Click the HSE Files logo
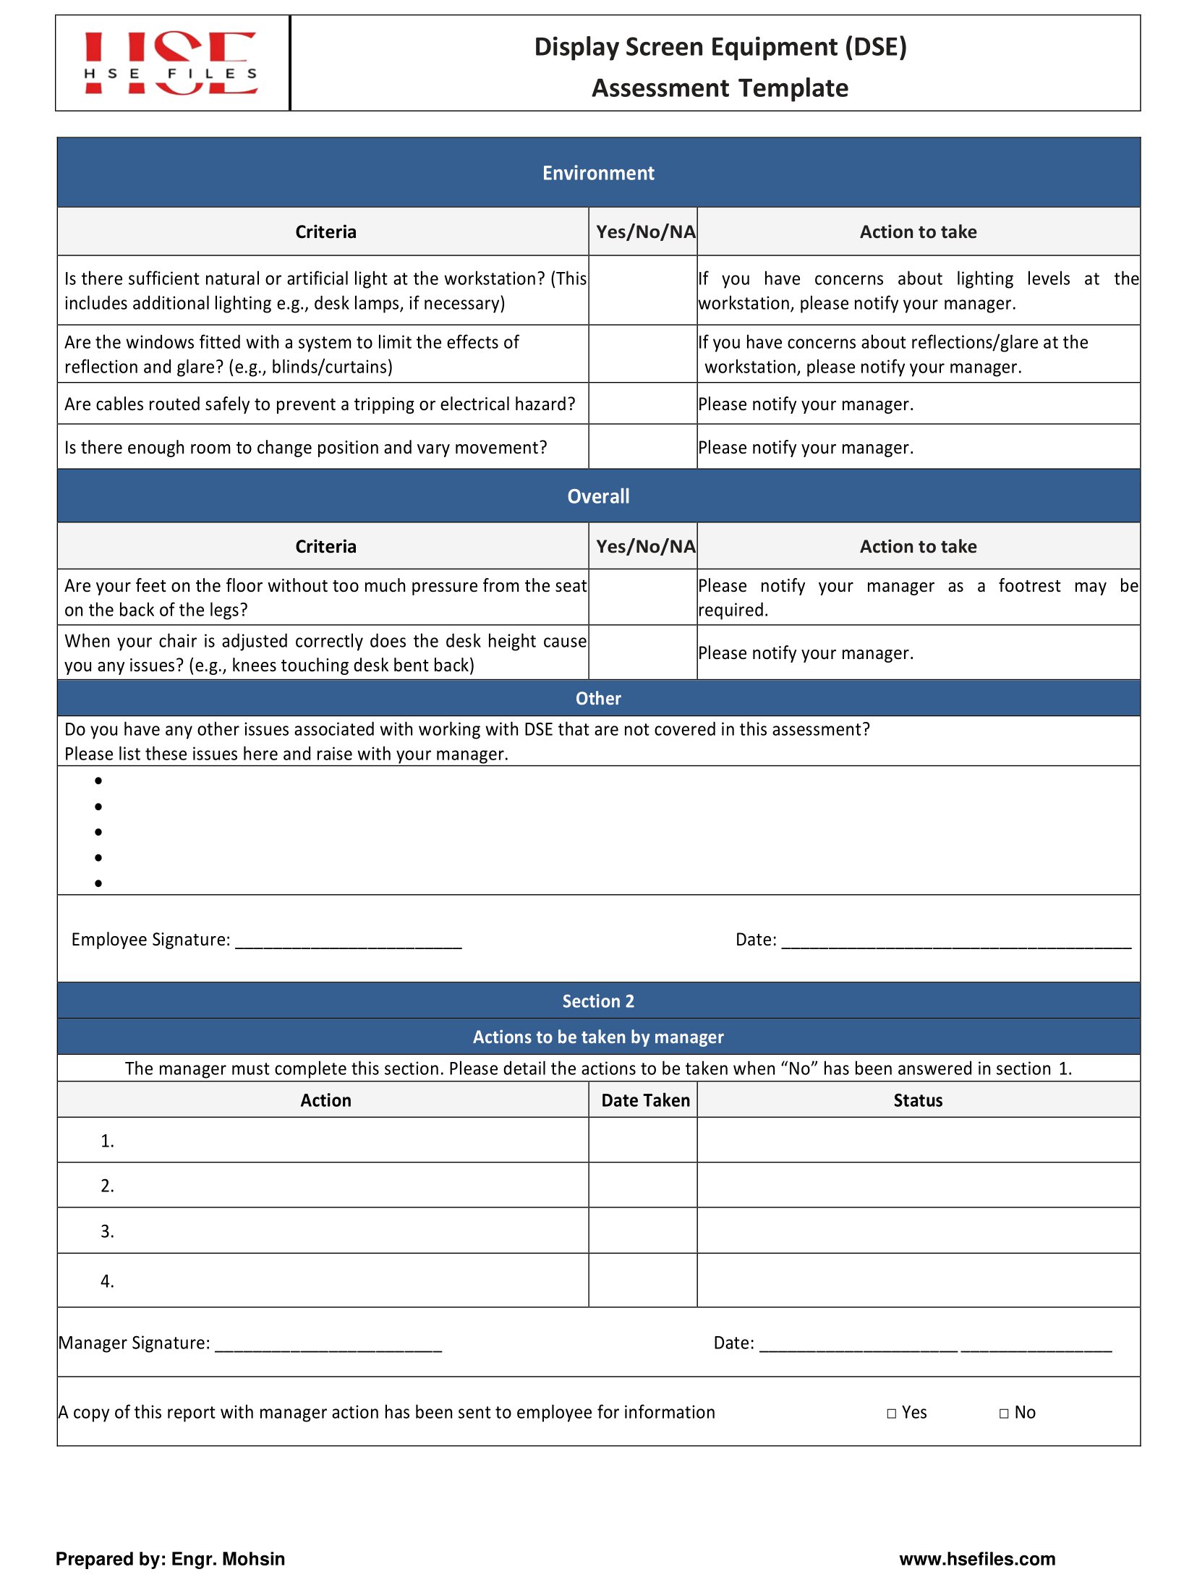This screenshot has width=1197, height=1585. coord(171,64)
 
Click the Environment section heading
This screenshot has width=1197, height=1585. coord(597,173)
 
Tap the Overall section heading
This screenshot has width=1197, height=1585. coord(597,496)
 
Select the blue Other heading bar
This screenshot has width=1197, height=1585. coord(597,698)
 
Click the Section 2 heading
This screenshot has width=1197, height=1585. coord(597,1001)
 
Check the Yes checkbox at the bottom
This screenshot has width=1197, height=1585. coord(891,1414)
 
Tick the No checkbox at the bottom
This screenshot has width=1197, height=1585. coord(1003,1414)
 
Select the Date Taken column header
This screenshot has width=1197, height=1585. coord(645,1100)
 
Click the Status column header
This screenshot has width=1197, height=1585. coord(917,1100)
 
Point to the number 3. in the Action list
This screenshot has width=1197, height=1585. coord(107,1231)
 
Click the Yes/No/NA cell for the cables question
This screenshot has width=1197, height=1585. coord(642,404)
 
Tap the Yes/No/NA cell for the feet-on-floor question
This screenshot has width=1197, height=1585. coord(642,598)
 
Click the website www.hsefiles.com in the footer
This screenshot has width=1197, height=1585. coord(976,1559)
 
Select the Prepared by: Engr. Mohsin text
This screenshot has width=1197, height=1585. coord(170,1559)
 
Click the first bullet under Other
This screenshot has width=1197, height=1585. coord(98,781)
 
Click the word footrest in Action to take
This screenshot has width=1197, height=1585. coord(1028,586)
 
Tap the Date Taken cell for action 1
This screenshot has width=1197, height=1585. coord(642,1140)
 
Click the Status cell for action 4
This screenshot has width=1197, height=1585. coord(917,1280)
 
